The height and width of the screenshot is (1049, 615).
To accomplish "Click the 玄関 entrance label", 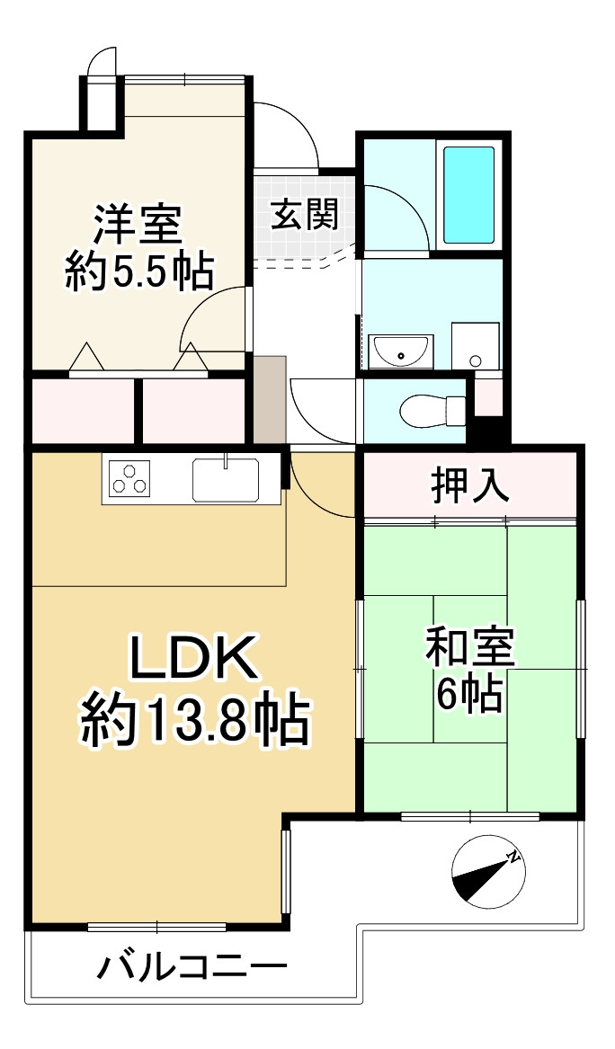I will [x=305, y=216].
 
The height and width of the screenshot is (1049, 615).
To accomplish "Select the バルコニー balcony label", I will [x=192, y=969].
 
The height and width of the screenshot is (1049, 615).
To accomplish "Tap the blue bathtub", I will [x=468, y=193].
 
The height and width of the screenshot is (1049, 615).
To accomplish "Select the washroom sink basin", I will [x=400, y=351].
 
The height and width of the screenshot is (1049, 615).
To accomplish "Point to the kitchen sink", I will [x=225, y=478].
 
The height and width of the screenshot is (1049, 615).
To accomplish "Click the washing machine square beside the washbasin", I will [x=475, y=345].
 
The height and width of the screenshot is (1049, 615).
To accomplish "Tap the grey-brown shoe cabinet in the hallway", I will [x=269, y=399].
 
